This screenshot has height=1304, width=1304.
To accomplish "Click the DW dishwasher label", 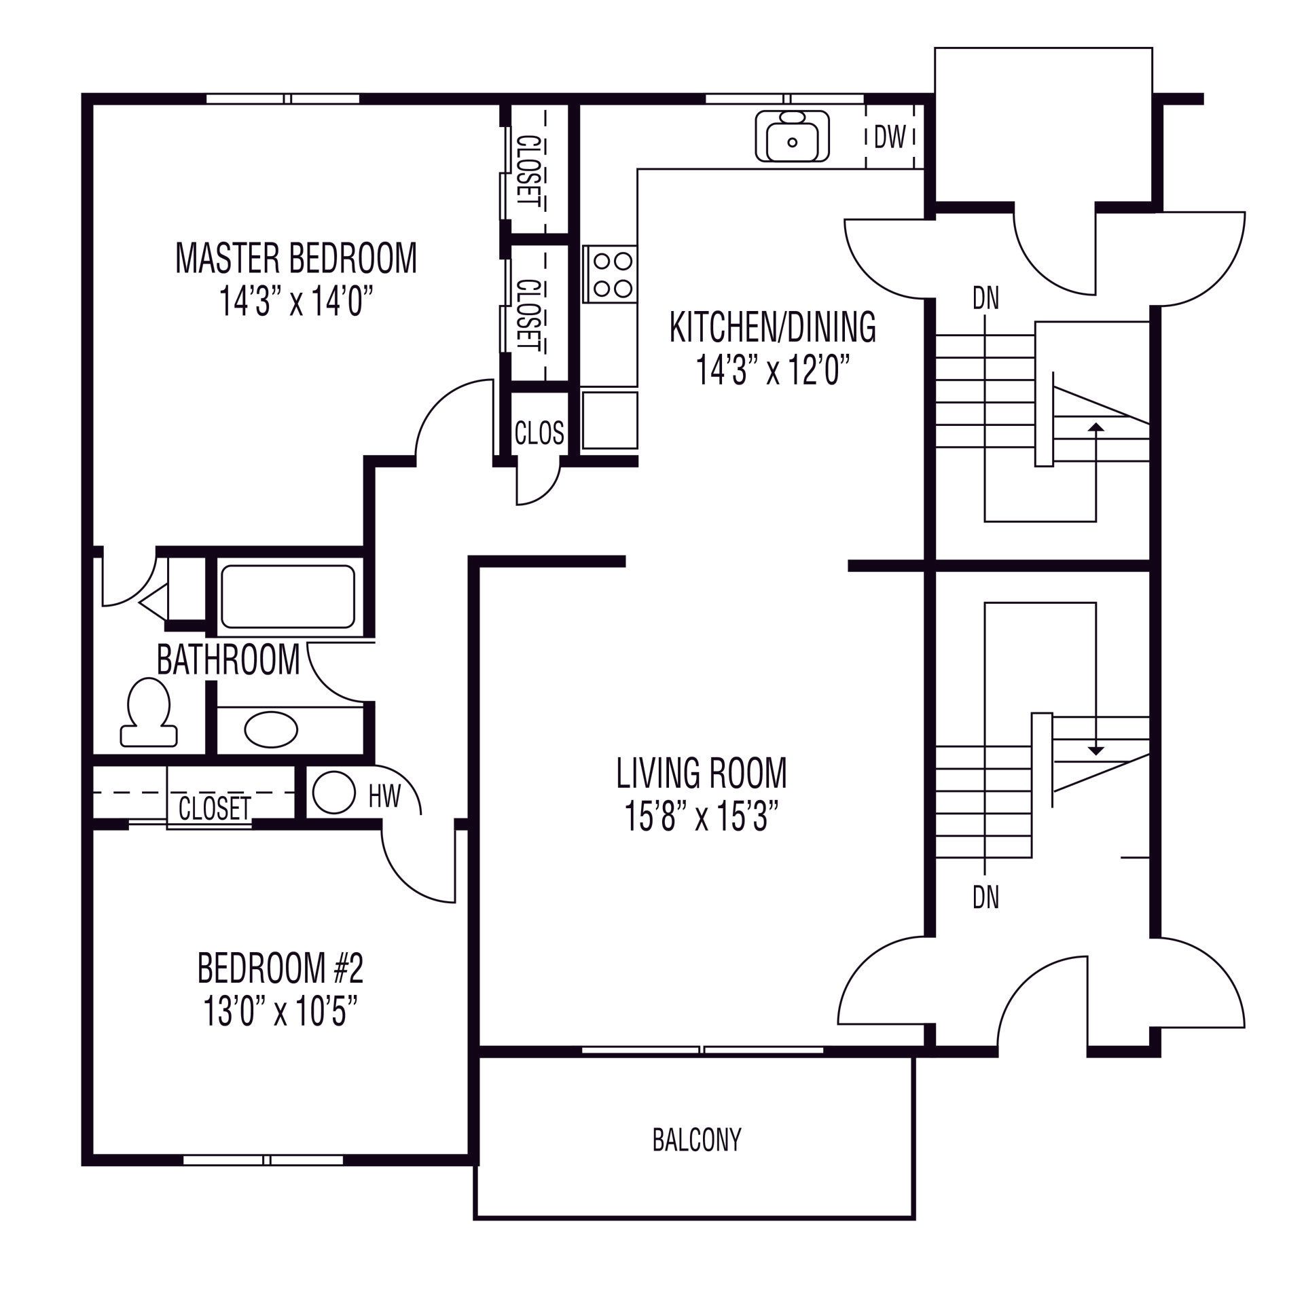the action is tap(890, 138).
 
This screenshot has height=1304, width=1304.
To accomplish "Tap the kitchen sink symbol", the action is tap(792, 137).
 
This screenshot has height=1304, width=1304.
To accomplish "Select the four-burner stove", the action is tap(609, 274).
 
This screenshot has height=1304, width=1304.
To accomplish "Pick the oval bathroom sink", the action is tap(271, 730).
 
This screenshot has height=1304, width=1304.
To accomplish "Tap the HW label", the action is tap(384, 796).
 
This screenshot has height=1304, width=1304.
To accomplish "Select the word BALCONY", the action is tap(697, 1140).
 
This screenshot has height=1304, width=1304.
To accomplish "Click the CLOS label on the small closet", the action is tap(539, 433).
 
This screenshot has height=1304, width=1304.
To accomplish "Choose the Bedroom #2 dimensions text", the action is tap(280, 1013).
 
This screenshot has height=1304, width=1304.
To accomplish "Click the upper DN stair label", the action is tap(986, 300).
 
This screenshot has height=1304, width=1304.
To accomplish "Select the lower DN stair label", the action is tap(986, 898).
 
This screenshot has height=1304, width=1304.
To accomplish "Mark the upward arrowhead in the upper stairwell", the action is tap(1095, 427).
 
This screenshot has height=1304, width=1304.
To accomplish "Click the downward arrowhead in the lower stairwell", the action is tap(1095, 750).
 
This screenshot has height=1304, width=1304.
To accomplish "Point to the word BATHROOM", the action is tap(228, 659).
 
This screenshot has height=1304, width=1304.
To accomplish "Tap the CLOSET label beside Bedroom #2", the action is tap(215, 808).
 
